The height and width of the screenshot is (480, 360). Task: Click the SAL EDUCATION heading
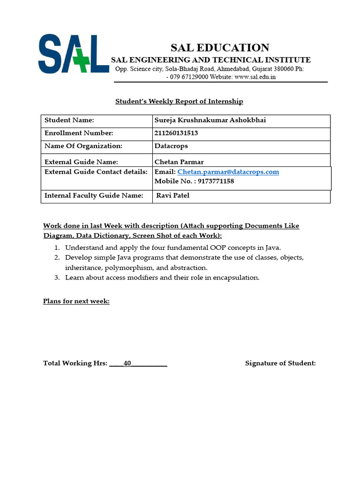point(219,47)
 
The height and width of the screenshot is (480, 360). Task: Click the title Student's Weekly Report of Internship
point(179,101)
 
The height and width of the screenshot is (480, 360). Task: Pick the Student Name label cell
point(69,120)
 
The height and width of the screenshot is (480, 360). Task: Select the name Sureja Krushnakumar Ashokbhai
point(210,120)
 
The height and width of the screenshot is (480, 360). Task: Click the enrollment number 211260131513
point(176,133)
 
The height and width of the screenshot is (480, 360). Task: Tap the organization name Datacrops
point(171,146)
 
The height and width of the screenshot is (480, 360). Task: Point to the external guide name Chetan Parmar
point(179,162)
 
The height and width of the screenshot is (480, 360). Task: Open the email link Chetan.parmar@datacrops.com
point(228,172)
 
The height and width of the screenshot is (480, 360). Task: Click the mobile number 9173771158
point(216,181)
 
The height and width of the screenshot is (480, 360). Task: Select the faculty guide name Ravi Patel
point(173,195)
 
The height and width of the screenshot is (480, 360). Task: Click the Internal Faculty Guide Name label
point(94,195)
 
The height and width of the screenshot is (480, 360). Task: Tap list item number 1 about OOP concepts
point(173,247)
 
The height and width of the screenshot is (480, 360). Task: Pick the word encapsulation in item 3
point(236,277)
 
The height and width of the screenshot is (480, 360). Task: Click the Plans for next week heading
point(76,301)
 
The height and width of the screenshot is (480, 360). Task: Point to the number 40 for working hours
point(127,363)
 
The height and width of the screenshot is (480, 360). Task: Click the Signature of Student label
point(280,363)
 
